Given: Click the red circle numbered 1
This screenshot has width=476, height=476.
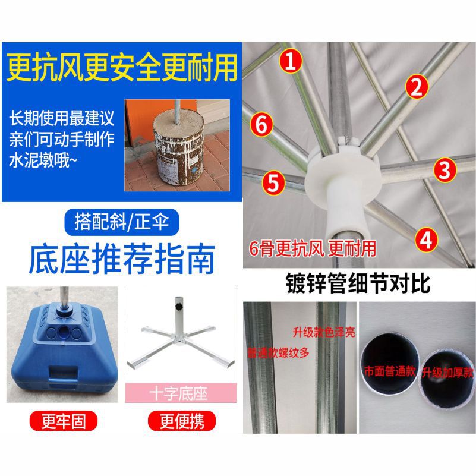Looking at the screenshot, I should [291, 62].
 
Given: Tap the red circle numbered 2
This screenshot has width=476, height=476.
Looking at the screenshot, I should [417, 87].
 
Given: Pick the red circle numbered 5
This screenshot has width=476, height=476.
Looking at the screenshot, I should [272, 182].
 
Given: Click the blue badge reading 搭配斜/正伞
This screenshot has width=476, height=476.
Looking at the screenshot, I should [122, 223].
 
